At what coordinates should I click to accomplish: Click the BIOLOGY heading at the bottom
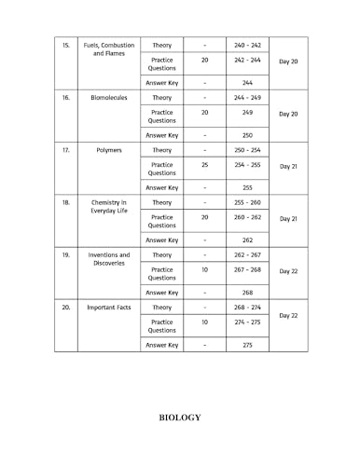tap(180, 417)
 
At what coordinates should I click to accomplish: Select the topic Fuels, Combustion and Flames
tap(109, 49)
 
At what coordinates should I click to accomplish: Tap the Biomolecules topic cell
tap(109, 97)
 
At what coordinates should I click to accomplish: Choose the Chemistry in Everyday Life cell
tap(109, 206)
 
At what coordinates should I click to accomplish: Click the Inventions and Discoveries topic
tap(109, 258)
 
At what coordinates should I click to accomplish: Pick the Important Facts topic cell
tap(109, 307)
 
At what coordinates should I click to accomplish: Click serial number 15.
tap(65, 45)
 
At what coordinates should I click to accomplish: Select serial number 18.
tap(65, 201)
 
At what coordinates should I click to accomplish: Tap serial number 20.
tap(65, 307)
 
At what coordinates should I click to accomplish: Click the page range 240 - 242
tap(247, 45)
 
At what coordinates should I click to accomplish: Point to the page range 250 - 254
tap(247, 150)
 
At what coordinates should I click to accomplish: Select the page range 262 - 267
tap(247, 254)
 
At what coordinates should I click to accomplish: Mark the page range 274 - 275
tap(247, 322)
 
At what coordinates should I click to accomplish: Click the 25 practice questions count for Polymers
tap(204, 164)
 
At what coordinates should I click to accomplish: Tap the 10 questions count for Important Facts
tap(204, 322)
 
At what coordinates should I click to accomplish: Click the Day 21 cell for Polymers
tap(288, 166)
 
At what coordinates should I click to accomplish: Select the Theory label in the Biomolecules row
tap(161, 97)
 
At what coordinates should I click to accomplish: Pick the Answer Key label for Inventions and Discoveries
tap(162, 292)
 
